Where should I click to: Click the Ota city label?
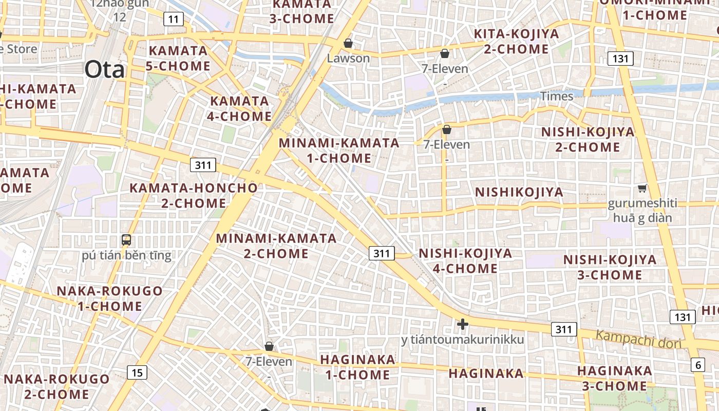point(104,69)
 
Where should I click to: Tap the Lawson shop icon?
point(348,43)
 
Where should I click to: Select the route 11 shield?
point(174,20)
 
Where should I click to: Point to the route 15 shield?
point(137,372)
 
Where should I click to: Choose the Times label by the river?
point(556,96)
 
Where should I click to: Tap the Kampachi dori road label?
point(638,340)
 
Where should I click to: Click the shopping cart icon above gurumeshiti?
point(642,189)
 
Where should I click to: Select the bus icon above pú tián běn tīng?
point(126,239)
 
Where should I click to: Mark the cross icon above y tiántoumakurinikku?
point(462,324)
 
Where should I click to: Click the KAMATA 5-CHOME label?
point(178,59)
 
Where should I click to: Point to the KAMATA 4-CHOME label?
point(239,108)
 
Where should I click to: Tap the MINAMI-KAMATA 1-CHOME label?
point(339,151)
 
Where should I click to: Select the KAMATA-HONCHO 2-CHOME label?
point(194,195)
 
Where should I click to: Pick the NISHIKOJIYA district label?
point(519,192)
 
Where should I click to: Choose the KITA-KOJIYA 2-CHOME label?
point(516,42)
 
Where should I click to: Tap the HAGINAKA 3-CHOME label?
point(614,378)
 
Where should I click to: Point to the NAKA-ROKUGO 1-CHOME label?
point(109,298)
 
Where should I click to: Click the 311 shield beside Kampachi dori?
point(563,329)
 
